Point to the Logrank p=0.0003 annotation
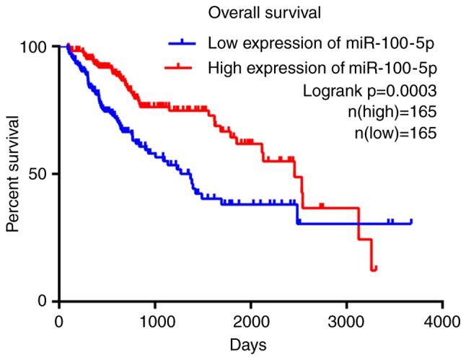(x=371, y=91)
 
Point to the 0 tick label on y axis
(x=45, y=301)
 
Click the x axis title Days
(x=250, y=345)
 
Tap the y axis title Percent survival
(x=13, y=173)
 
